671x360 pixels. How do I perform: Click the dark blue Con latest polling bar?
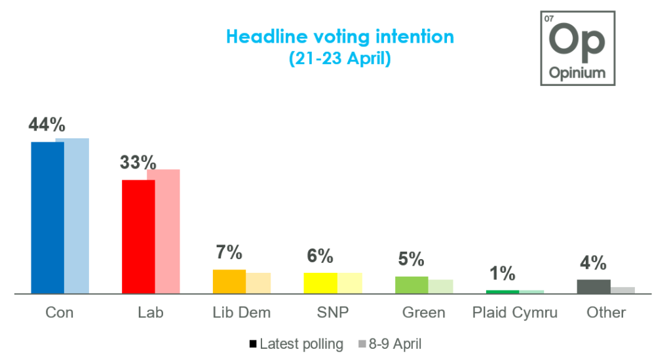tap(48, 217)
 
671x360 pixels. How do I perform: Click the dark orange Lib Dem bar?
tap(229, 281)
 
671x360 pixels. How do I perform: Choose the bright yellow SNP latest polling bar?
tap(320, 283)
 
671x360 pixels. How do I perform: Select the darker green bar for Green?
tap(412, 285)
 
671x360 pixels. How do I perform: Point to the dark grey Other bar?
tap(594, 286)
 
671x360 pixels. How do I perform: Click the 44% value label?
tap(47, 125)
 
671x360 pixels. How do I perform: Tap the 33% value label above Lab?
tap(138, 163)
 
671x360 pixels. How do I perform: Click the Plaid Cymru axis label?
tap(515, 313)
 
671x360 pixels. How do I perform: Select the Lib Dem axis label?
tap(242, 313)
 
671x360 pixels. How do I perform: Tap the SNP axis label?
tap(332, 313)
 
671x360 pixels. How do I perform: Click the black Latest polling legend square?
tap(253, 344)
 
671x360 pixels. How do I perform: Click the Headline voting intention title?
tap(339, 37)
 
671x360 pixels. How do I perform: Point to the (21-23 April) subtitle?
tap(339, 59)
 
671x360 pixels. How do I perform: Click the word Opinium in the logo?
tap(577, 73)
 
